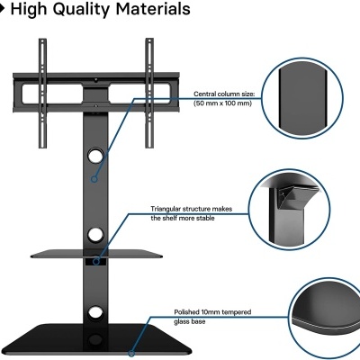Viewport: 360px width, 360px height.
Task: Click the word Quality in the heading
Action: (81, 9)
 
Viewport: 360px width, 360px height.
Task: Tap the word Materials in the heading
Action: (153, 9)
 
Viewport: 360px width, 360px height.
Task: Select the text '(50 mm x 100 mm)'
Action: (222, 103)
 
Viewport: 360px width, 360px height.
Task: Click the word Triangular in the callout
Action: (166, 209)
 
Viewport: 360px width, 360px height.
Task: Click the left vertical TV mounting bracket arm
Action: (42, 93)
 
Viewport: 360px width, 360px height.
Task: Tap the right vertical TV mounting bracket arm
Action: (149, 93)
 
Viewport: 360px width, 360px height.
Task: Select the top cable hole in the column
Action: (95, 156)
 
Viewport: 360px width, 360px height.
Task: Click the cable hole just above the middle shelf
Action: (95, 235)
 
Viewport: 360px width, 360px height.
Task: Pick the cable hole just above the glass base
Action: (95, 313)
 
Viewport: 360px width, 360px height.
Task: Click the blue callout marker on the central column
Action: (94, 179)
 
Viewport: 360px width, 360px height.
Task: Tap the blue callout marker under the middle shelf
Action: (96, 262)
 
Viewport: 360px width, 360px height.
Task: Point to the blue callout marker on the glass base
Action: (131, 354)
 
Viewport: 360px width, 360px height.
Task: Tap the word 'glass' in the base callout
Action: (183, 321)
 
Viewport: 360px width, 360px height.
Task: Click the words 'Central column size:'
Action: (224, 94)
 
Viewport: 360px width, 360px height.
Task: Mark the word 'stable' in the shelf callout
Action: (205, 218)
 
